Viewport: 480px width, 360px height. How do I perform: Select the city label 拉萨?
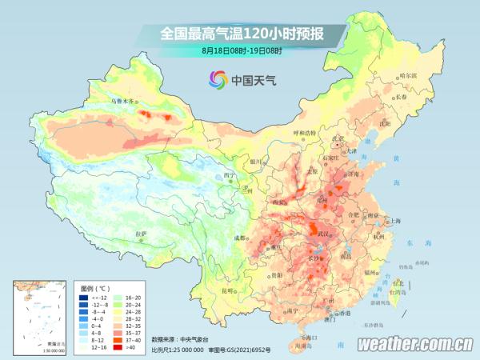(141, 234)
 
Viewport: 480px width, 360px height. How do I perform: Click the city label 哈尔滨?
(408, 75)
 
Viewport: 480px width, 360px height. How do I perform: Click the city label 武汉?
(324, 233)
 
